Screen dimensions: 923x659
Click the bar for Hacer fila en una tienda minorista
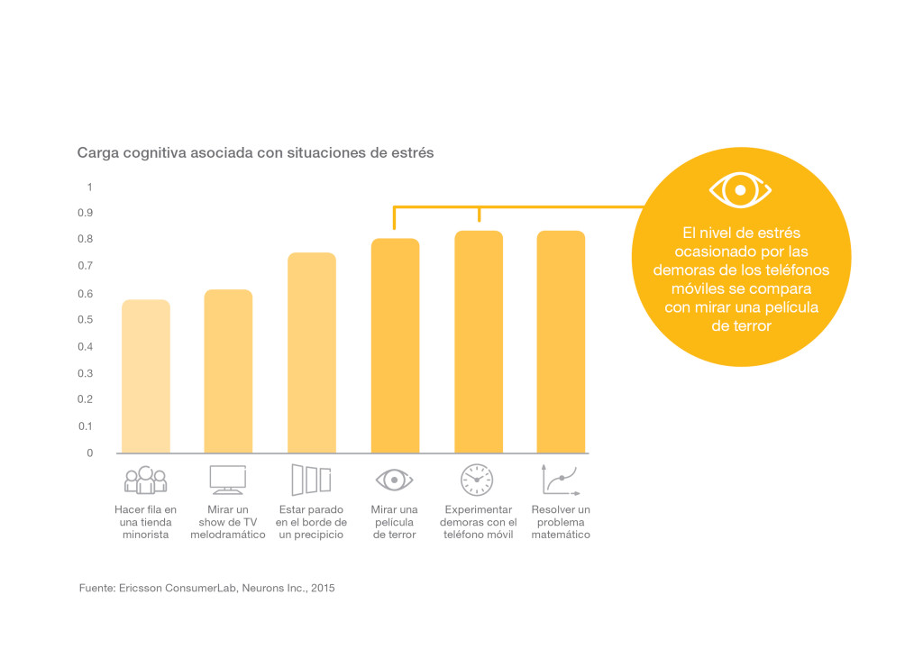point(146,376)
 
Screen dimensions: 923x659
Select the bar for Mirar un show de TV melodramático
point(228,371)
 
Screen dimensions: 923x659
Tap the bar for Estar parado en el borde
point(312,352)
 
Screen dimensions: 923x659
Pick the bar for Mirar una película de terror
point(395,345)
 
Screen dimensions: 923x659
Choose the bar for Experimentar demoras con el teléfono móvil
point(479,343)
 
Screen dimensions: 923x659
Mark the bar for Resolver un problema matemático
point(561,343)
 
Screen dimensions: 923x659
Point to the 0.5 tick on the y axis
point(86,320)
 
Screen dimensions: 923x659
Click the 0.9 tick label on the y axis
point(86,213)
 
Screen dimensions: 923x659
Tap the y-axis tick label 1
point(89,188)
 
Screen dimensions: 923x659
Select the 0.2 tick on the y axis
point(86,399)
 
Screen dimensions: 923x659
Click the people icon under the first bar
point(145,480)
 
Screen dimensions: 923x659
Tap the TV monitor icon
point(228,480)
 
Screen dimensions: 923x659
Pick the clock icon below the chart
point(477,480)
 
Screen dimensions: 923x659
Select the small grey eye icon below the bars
point(395,480)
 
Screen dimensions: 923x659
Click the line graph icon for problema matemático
point(561,480)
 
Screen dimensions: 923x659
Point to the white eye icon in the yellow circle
point(741,190)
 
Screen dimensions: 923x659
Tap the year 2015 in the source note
point(324,588)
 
